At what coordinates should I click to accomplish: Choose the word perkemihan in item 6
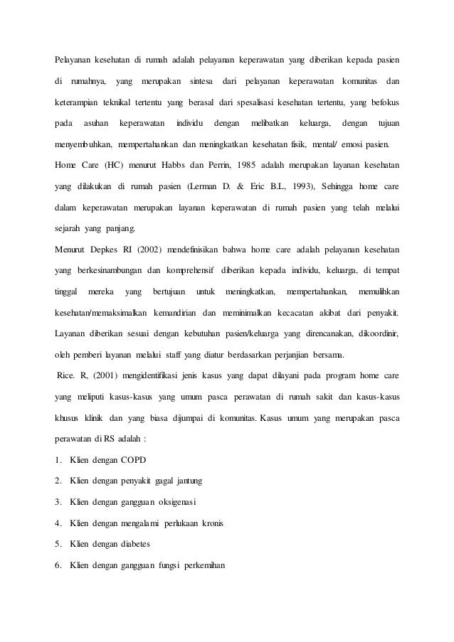[x=201, y=566]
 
